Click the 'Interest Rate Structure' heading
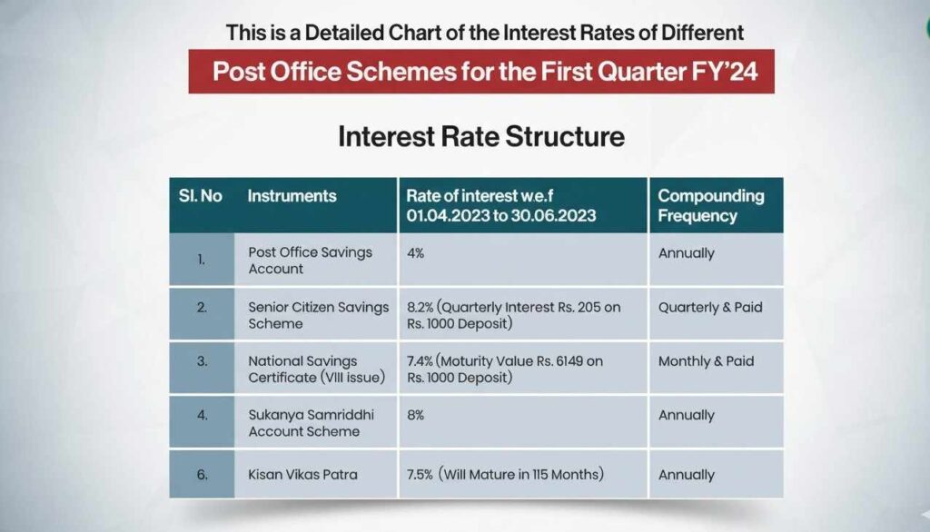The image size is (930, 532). click(481, 137)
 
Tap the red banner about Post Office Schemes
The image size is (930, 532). click(481, 72)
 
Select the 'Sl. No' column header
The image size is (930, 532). click(201, 196)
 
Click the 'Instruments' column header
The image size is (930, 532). click(292, 196)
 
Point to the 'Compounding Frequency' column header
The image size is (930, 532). click(711, 206)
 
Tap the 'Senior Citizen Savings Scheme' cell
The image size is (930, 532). click(318, 315)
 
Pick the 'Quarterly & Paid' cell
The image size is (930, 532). click(710, 308)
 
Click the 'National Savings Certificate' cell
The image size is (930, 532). click(317, 369)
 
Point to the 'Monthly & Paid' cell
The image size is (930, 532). click(706, 361)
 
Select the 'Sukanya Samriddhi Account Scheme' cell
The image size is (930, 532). click(311, 423)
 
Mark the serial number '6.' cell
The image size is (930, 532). click(202, 475)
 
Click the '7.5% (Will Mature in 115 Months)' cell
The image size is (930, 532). click(507, 475)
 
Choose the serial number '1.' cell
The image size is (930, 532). click(202, 261)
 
